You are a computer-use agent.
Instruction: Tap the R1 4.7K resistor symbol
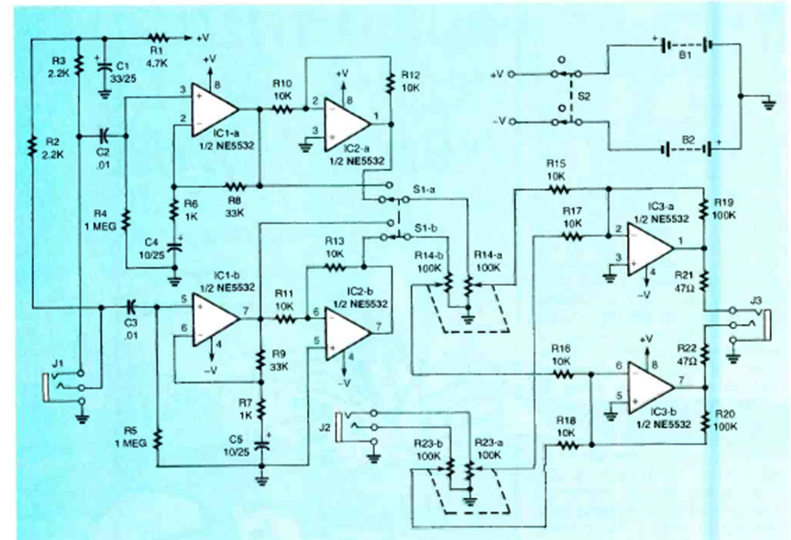(158, 39)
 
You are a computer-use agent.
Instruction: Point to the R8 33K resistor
(235, 187)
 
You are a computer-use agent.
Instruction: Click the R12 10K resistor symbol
(390, 81)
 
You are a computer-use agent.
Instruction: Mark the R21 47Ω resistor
(704, 283)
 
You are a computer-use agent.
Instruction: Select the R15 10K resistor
(557, 191)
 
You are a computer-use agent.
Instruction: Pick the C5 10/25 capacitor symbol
(263, 442)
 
